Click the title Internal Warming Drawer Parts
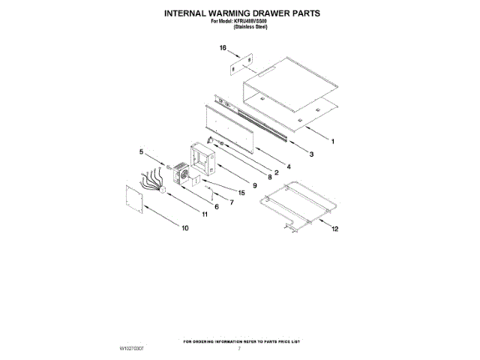click(239, 13)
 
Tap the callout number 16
click(223, 48)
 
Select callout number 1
click(333, 141)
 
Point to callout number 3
click(311, 154)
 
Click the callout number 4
click(288, 165)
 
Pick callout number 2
click(276, 172)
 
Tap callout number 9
click(254, 185)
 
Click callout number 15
click(241, 193)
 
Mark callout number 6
click(216, 207)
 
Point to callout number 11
click(204, 215)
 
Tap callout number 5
click(141, 152)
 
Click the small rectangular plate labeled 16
click(241, 64)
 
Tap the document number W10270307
click(131, 349)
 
